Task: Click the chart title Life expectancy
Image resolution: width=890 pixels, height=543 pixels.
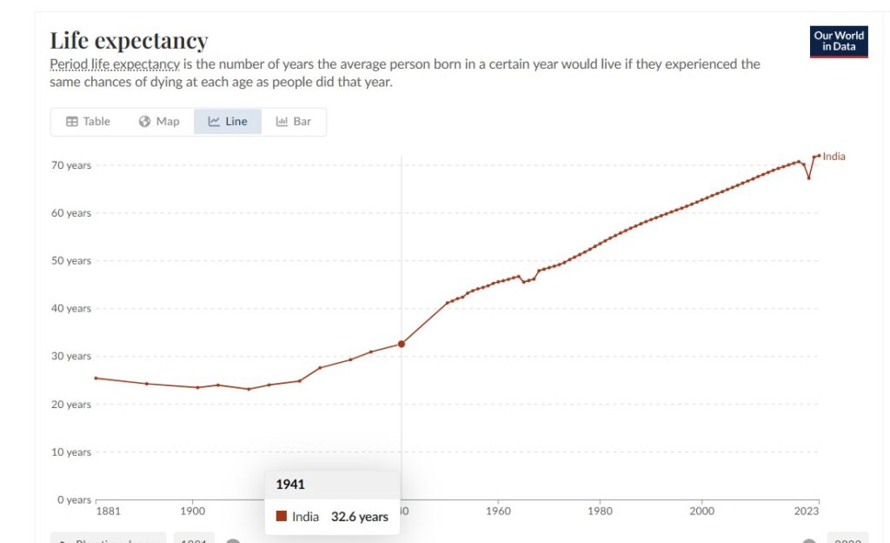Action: tap(129, 41)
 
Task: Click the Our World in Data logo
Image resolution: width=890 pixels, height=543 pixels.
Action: tap(838, 42)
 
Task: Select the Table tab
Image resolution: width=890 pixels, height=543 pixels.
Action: tap(89, 122)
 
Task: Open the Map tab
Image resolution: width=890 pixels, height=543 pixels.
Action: tap(159, 122)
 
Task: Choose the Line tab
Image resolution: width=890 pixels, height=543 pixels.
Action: tap(228, 122)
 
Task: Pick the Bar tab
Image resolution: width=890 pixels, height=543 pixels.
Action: tap(294, 122)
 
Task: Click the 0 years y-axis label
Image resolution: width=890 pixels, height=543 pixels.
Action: tap(74, 499)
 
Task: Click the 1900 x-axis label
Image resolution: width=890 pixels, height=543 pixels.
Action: tap(192, 512)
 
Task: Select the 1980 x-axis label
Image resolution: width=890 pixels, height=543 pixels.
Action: tap(600, 512)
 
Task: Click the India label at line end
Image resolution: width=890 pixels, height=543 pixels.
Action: tap(834, 157)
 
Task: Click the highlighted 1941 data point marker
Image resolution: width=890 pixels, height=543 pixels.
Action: tap(402, 344)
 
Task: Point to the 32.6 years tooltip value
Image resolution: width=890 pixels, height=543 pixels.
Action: tap(359, 517)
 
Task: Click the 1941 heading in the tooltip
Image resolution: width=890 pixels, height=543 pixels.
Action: tap(290, 485)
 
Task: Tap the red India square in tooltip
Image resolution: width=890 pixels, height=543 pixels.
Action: tap(281, 516)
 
